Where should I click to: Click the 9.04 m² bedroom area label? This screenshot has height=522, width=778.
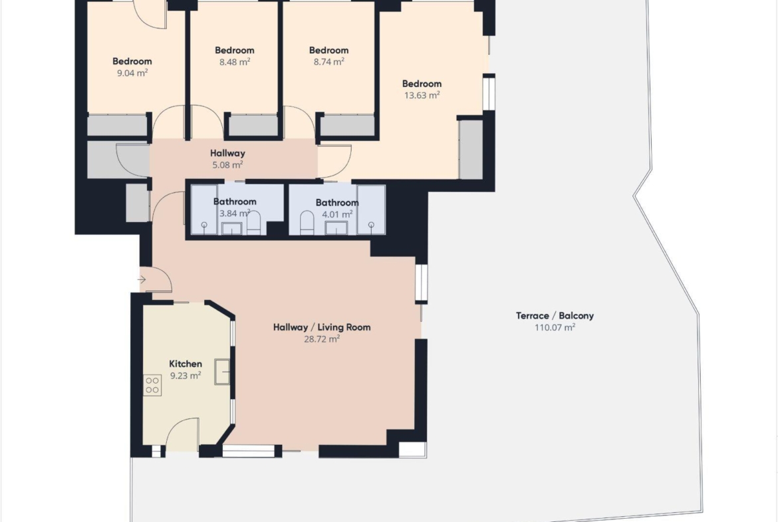pos(132,73)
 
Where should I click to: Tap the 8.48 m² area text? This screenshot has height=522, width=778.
pos(235,62)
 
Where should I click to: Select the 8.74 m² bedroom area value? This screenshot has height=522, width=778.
pos(329,62)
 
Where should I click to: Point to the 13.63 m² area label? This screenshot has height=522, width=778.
pos(422,95)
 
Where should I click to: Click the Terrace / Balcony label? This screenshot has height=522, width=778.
pos(555,316)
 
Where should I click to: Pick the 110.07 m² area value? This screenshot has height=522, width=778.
pos(555,327)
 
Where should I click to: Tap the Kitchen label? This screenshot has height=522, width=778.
pos(186,364)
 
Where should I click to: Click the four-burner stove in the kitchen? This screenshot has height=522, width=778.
pos(152,386)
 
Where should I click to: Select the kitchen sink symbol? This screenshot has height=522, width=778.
pos(223,372)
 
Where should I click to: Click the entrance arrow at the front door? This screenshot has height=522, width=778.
pos(142,280)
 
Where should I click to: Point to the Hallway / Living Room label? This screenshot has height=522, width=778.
pos(322,327)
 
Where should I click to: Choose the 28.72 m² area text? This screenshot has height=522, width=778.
pos(322,339)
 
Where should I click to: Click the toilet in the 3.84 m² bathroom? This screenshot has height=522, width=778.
pos(254,223)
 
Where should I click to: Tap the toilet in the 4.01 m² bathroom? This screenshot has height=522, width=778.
pos(307,223)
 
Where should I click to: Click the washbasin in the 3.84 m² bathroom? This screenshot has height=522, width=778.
pos(231,228)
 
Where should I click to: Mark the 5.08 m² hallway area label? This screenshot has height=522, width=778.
pos(227,165)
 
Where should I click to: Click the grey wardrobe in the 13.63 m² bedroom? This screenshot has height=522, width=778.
pos(471,149)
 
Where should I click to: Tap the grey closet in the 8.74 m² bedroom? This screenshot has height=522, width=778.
pos(347,126)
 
